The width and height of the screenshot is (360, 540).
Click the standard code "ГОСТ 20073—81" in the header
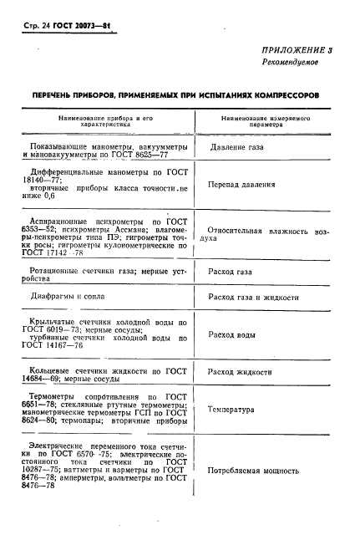tap(87, 26)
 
